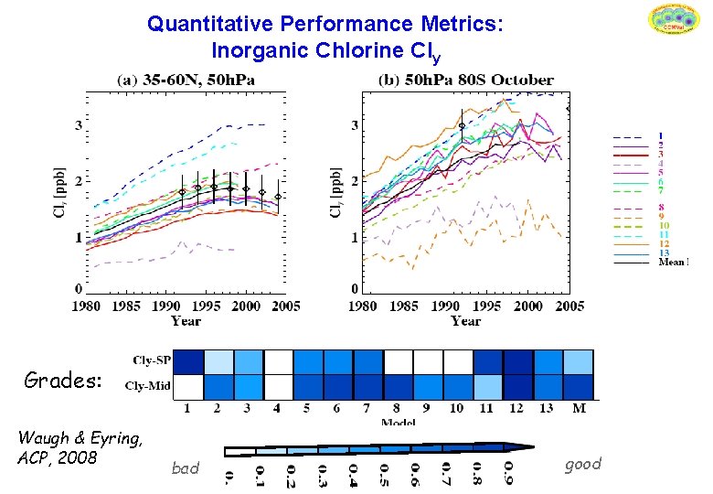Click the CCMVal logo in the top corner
coord(673,21)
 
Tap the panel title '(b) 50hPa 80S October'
coord(466,81)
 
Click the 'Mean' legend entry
coord(672,262)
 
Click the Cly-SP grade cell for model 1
coord(188,362)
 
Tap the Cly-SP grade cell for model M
coord(579,362)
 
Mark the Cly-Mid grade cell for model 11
coord(488,387)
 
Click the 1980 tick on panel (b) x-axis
coord(363,306)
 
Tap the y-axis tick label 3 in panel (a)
coord(78,124)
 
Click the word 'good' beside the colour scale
coord(582,464)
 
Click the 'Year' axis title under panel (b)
coord(466,321)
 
